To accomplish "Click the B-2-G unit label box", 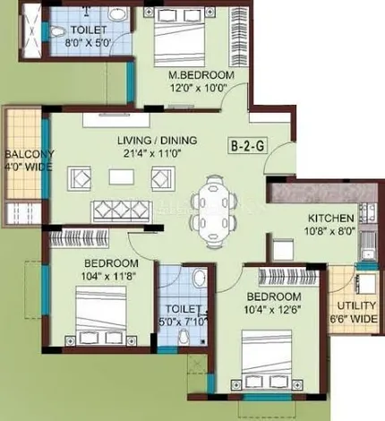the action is pyautogui.click(x=247, y=146).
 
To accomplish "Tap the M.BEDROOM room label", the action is pyautogui.click(x=201, y=75).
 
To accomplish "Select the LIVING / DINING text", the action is pyautogui.click(x=158, y=141).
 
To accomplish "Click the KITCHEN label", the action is pyautogui.click(x=331, y=219).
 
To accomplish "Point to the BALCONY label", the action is pyautogui.click(x=30, y=154).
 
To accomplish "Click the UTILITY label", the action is pyautogui.click(x=356, y=305).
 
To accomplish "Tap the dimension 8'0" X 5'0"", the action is pyautogui.click(x=89, y=42).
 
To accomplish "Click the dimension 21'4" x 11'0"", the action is pyautogui.click(x=153, y=153).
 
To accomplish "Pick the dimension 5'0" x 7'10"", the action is pyautogui.click(x=183, y=322).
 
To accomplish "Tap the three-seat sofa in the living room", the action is pyautogui.click(x=121, y=211).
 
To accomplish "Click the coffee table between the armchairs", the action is pyautogui.click(x=122, y=177).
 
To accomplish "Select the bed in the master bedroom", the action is pyautogui.click(x=180, y=37).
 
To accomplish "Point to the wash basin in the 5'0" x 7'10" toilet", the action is pyautogui.click(x=199, y=278).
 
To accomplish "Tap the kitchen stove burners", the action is pyautogui.click(x=368, y=212).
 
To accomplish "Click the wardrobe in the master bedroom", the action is pyautogui.click(x=238, y=37).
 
